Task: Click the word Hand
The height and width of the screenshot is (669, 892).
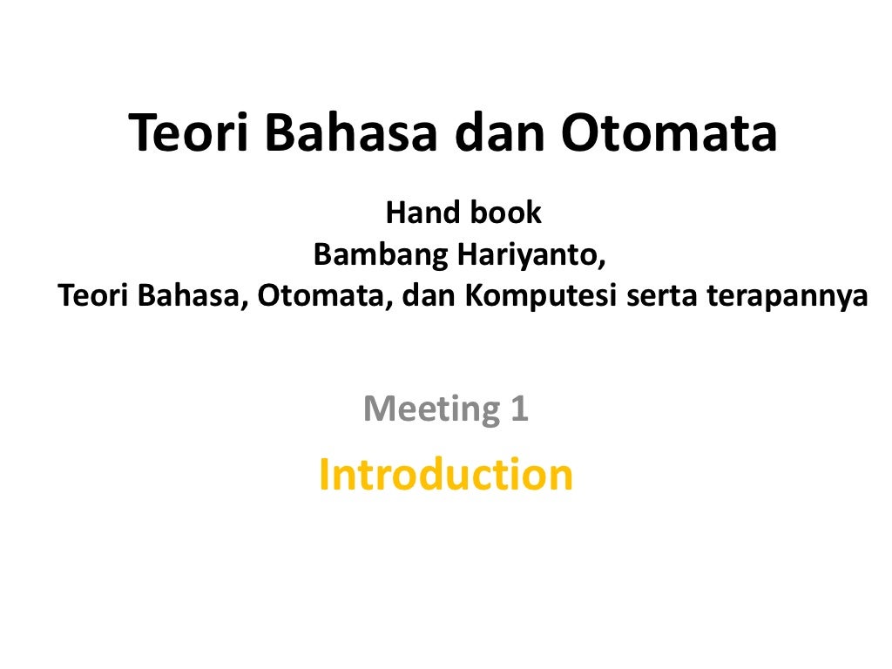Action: (415, 212)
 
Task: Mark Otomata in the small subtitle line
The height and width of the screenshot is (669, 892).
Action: (325, 296)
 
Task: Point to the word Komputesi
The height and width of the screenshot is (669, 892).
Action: (540, 297)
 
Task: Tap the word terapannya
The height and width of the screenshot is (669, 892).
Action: (787, 297)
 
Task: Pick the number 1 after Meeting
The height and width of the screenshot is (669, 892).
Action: (519, 408)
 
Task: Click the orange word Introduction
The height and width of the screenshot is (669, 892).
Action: (446, 474)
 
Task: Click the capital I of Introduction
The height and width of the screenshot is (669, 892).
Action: (325, 474)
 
